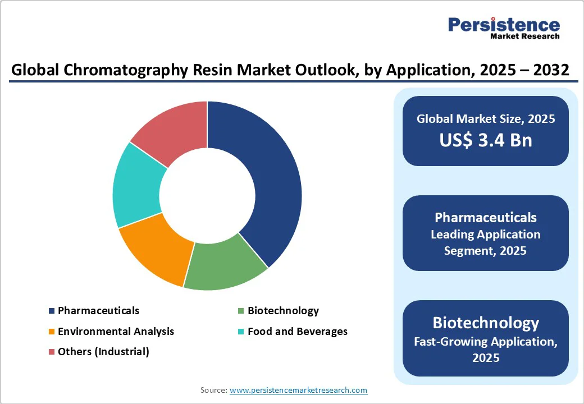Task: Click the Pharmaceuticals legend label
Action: [98, 310]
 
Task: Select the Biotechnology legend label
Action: [283, 310]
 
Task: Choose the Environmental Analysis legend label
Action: [116, 331]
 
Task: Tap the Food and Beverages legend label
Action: [297, 331]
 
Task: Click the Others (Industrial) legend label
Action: [103, 352]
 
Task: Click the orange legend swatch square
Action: [52, 332]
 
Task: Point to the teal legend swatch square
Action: [241, 332]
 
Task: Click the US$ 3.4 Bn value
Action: [486, 140]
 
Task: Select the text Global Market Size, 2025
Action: [486, 118]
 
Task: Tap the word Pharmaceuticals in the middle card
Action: [486, 217]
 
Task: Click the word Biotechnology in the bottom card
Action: [486, 323]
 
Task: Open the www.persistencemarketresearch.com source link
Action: [298, 390]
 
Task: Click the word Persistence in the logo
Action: [504, 25]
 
